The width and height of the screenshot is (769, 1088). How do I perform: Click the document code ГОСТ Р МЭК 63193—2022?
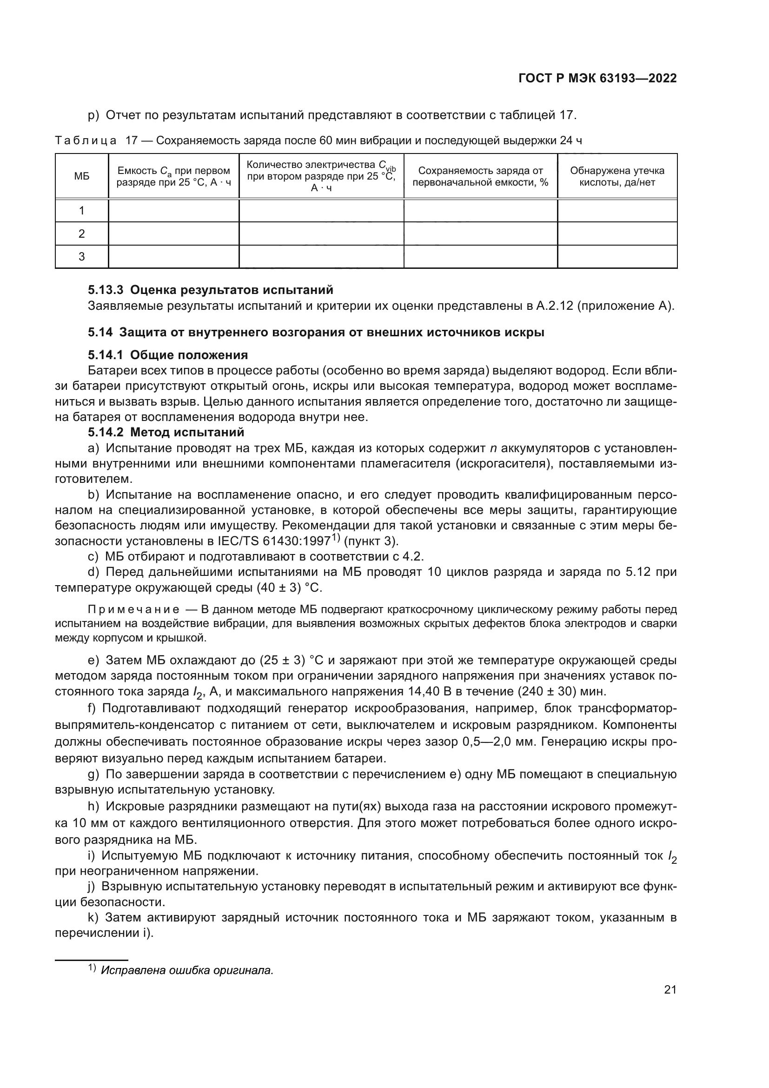[x=597, y=79]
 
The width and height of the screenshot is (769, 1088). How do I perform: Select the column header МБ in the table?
[x=81, y=176]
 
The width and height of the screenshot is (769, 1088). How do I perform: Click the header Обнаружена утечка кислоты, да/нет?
[x=617, y=176]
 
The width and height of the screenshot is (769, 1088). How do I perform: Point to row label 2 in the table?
[x=81, y=234]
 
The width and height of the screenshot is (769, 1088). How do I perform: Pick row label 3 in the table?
[x=81, y=256]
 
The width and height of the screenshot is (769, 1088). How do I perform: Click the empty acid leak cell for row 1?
[x=617, y=210]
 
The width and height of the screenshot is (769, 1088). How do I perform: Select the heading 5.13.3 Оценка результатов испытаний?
[x=211, y=289]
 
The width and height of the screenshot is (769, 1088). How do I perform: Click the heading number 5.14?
[x=100, y=332]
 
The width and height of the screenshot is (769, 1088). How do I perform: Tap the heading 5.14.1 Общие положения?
[x=168, y=355]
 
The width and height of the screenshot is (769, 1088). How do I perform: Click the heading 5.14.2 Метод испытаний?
[x=166, y=432]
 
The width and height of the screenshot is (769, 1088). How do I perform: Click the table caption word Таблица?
[x=86, y=141]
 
